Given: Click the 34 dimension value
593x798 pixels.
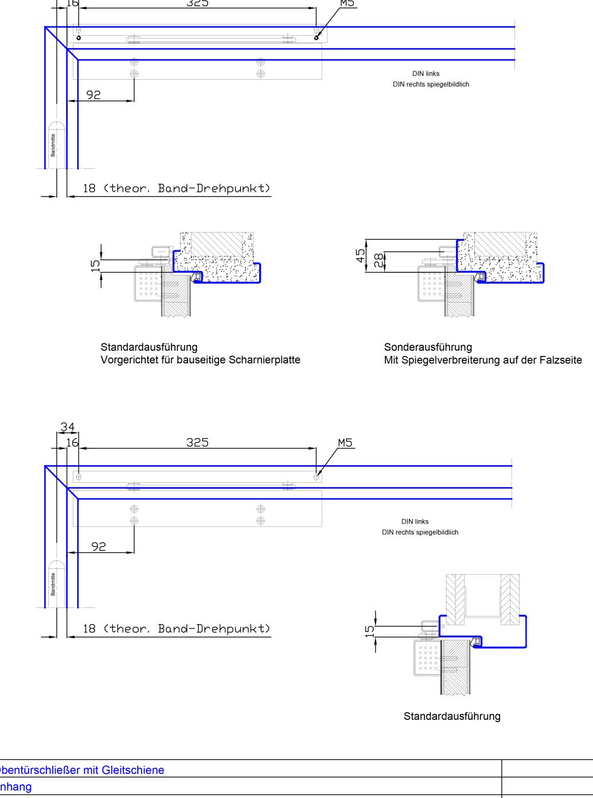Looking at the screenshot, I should pyautogui.click(x=67, y=427).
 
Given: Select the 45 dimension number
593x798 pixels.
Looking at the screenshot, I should pyautogui.click(x=361, y=255).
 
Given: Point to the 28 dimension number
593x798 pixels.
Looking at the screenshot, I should pyautogui.click(x=377, y=260).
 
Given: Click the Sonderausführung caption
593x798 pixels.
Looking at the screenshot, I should pyautogui.click(x=428, y=347).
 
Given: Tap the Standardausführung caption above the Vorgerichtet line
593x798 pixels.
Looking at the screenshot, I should pyautogui.click(x=149, y=347).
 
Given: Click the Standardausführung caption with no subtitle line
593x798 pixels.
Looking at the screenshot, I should pyautogui.click(x=452, y=716).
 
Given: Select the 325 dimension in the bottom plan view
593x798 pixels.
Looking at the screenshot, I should pyautogui.click(x=197, y=442).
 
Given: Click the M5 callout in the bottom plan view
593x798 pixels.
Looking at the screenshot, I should pyautogui.click(x=345, y=443).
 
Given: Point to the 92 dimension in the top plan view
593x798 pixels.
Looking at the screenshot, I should pyautogui.click(x=93, y=95).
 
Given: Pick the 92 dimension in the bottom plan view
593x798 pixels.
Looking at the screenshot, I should pyautogui.click(x=99, y=546).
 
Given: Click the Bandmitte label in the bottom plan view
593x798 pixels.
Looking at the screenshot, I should pyautogui.click(x=53, y=584).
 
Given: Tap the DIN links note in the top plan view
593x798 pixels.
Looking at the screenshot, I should pyautogui.click(x=426, y=73).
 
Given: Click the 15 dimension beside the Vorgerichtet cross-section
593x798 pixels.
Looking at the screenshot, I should pyautogui.click(x=95, y=265).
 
